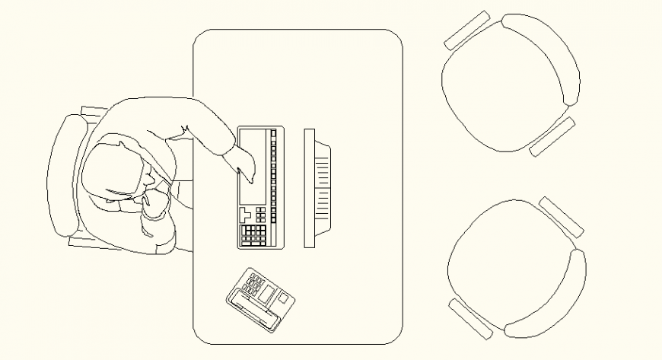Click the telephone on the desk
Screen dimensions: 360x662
pos(259,299)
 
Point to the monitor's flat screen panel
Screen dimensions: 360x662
pos(309,188)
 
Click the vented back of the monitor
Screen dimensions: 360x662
pos(323,188)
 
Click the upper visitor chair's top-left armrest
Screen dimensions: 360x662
pos(466,30)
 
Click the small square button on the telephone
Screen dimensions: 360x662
pos(282,299)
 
